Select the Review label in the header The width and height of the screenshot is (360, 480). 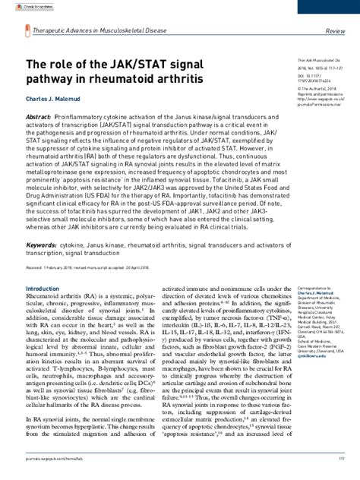(x=336, y=31)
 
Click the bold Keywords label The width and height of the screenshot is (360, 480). (x=41, y=247)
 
